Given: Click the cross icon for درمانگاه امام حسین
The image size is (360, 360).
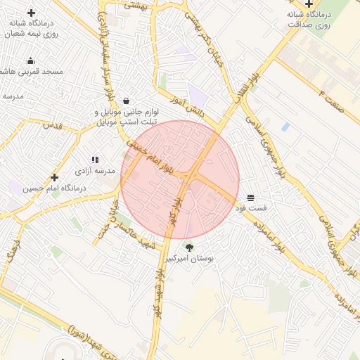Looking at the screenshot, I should (x=54, y=177).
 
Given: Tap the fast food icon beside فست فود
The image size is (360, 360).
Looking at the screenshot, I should (x=251, y=197).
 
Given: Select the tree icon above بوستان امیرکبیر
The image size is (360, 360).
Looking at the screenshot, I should (x=188, y=247).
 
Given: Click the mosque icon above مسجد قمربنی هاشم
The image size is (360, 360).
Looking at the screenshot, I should (x=30, y=60).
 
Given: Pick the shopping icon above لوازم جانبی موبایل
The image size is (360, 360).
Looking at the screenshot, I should (x=126, y=101).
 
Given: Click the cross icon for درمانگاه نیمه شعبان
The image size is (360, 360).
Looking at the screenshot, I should (x=31, y=13).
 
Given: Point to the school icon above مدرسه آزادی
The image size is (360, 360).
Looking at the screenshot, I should (x=95, y=160).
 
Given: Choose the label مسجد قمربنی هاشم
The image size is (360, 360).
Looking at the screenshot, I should (x=32, y=72).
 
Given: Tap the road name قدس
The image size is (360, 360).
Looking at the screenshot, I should (x=53, y=125).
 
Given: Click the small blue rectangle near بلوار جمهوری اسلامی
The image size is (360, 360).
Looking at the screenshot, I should (x=285, y=127).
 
